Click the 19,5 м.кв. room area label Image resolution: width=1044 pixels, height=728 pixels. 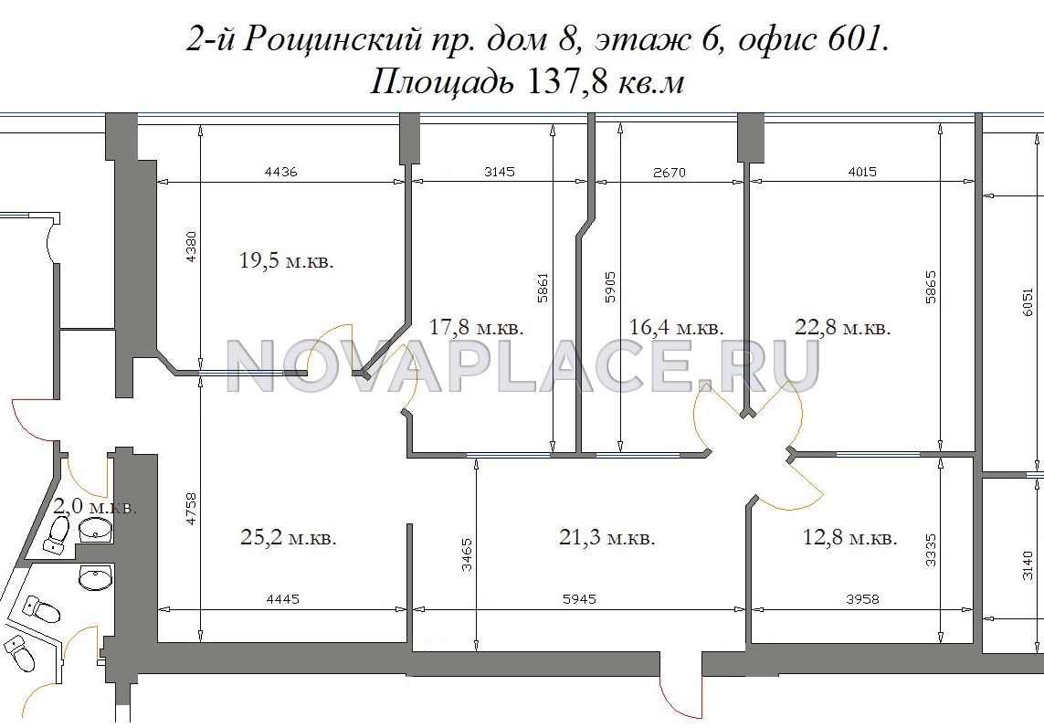coord(286,260)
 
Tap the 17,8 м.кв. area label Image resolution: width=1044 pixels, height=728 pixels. coord(477,327)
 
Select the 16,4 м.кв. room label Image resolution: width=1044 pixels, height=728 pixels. coord(677,327)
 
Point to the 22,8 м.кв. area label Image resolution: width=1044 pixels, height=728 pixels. coord(843,327)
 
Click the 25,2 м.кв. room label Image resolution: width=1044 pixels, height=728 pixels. coord(289,537)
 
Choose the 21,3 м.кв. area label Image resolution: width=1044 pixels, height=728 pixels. coord(607,537)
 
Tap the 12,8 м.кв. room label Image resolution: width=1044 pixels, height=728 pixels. coord(850,537)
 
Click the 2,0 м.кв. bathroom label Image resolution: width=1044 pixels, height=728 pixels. coord(95,507)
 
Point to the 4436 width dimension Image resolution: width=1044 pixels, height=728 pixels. coord(281,172)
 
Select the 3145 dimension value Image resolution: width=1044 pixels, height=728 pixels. coord(500,172)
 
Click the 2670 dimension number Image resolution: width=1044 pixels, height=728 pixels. coord(670,173)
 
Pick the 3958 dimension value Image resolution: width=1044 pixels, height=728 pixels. coord(863,599)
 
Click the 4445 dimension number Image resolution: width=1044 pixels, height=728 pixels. coord(283,599)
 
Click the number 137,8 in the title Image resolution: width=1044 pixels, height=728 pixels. coord(565,83)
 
